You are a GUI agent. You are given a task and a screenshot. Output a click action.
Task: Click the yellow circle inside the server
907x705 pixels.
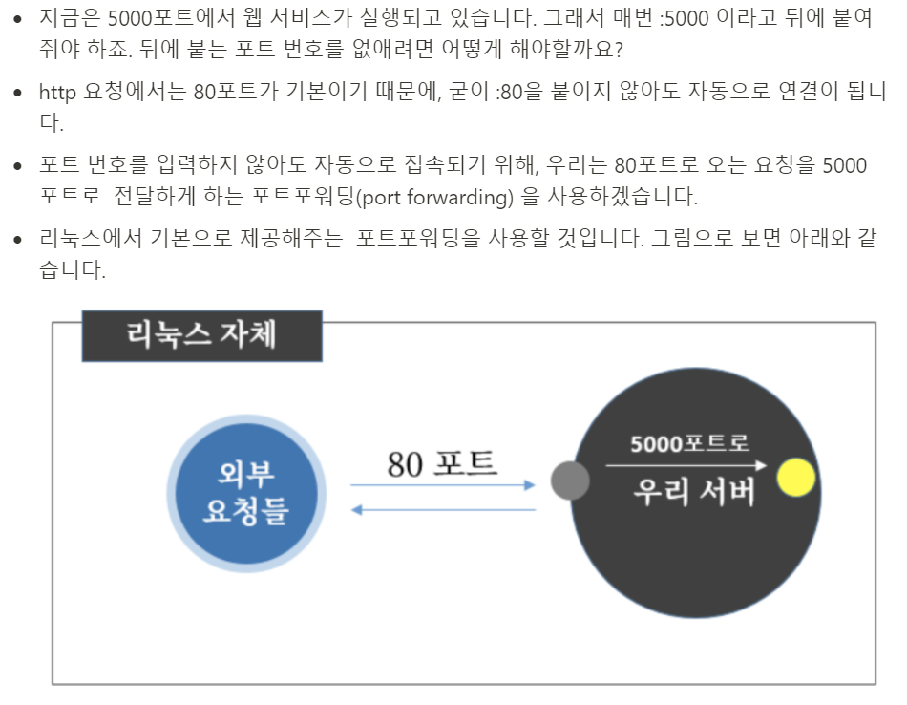coord(795,478)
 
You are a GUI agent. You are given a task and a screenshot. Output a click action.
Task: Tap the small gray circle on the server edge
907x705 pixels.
coord(570,480)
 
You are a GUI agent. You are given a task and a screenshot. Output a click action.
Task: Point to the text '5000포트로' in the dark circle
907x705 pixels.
coord(689,444)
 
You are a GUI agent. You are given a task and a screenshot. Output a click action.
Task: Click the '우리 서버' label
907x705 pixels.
coord(694,492)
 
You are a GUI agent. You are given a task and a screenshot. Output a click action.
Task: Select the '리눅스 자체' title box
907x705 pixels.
coord(201,336)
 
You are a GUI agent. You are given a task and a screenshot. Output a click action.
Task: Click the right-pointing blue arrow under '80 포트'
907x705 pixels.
coord(443,485)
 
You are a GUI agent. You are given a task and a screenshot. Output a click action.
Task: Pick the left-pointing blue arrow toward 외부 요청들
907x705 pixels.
coord(443,510)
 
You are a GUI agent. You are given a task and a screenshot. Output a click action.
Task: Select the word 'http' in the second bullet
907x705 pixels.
coord(57,93)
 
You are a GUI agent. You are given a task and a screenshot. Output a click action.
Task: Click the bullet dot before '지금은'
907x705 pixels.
coord(17,20)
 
